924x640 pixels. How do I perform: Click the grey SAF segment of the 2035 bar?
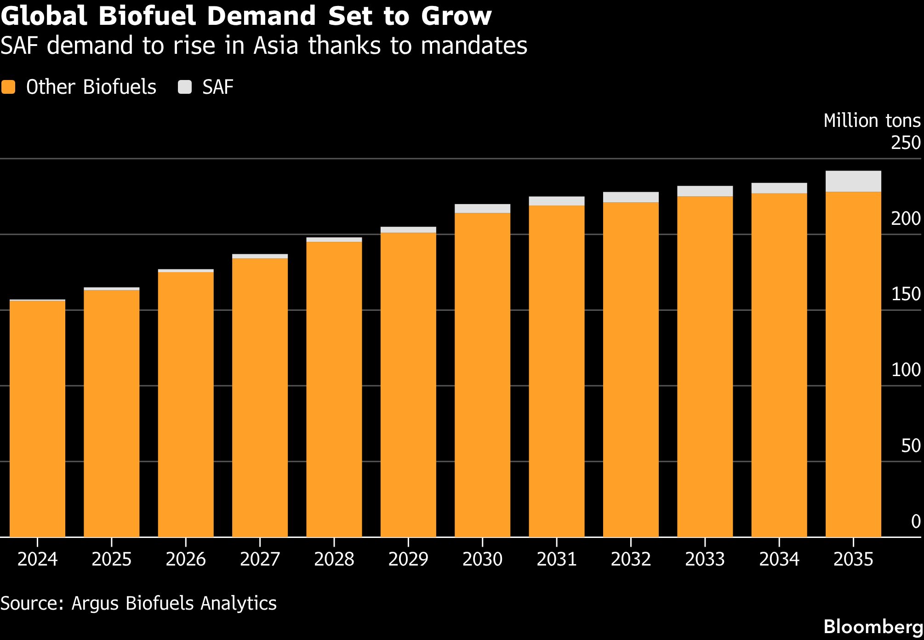853,181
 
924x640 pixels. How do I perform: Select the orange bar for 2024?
37,419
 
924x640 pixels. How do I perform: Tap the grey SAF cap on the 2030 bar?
482,209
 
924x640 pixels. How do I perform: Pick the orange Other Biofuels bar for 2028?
334,389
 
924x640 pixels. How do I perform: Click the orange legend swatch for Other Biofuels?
8,87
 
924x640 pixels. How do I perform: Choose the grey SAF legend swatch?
185,87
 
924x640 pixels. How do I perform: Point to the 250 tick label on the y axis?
906,143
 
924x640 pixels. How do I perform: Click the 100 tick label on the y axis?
906,370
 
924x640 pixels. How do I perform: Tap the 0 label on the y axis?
916,521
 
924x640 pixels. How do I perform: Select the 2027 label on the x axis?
260,559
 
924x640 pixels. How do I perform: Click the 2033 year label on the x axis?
705,559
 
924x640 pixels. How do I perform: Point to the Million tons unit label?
872,120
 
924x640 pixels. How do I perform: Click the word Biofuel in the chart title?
148,16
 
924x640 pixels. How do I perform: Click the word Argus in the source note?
95,603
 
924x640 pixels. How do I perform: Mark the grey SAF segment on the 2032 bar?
631,197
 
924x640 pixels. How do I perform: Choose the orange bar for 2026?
186,405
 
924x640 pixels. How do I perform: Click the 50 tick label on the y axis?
911,446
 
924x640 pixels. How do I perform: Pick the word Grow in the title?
456,16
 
